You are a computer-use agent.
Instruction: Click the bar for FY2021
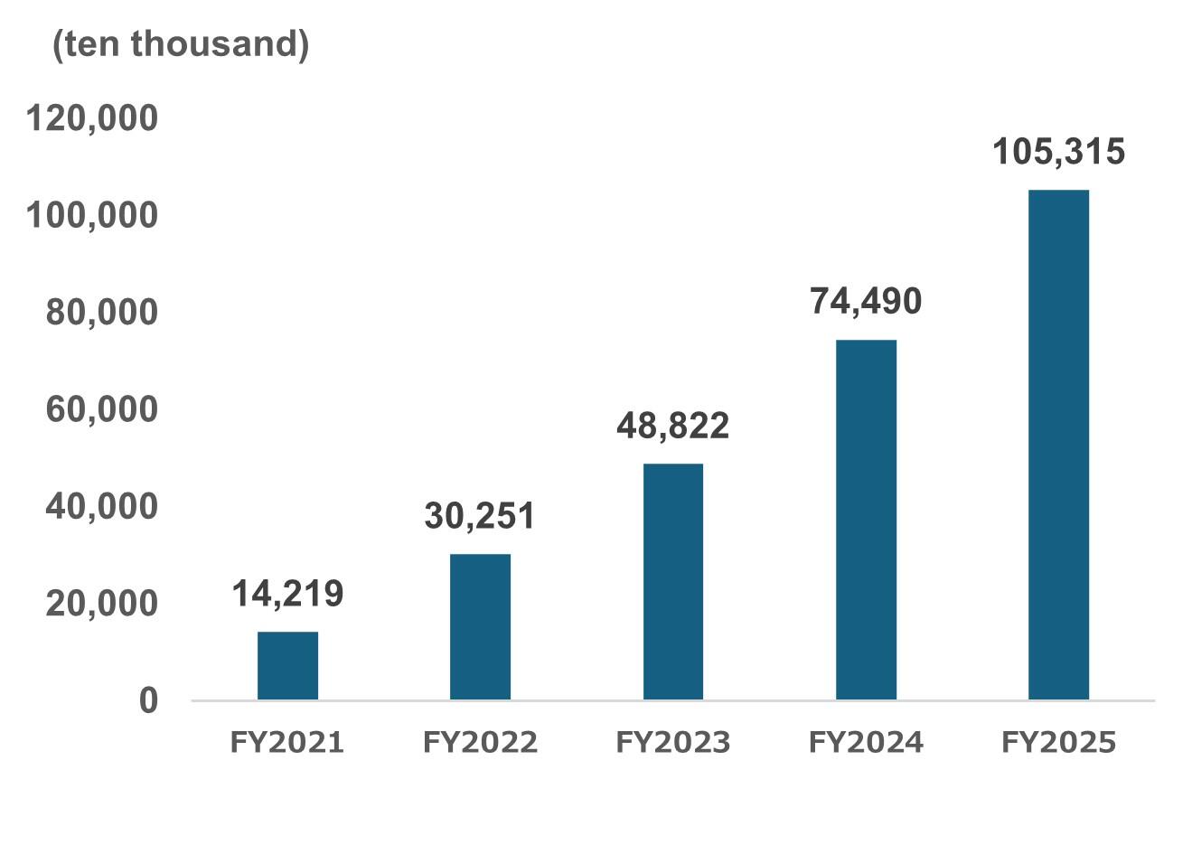(287, 665)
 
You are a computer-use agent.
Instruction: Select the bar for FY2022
(480, 626)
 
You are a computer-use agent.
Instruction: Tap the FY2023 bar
(673, 581)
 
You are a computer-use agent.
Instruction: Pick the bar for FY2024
(866, 520)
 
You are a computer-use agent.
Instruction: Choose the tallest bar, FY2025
(1058, 445)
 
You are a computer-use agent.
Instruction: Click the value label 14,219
(287, 594)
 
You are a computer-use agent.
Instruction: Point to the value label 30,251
(480, 516)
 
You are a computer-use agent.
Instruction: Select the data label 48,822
(673, 426)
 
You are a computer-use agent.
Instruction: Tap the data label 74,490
(866, 301)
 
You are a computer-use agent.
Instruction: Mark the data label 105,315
(1058, 151)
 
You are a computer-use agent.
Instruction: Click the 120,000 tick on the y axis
(92, 118)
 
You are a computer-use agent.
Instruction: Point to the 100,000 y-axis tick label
(92, 215)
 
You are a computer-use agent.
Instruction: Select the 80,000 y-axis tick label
(101, 312)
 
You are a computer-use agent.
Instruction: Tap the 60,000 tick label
(101, 408)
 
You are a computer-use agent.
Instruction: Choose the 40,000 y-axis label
(101, 506)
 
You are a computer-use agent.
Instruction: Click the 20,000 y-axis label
(101, 603)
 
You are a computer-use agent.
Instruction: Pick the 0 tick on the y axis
(148, 700)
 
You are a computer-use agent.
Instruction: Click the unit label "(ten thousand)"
(181, 43)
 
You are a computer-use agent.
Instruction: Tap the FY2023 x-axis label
(673, 743)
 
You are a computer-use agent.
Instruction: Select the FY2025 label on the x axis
(1058, 743)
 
